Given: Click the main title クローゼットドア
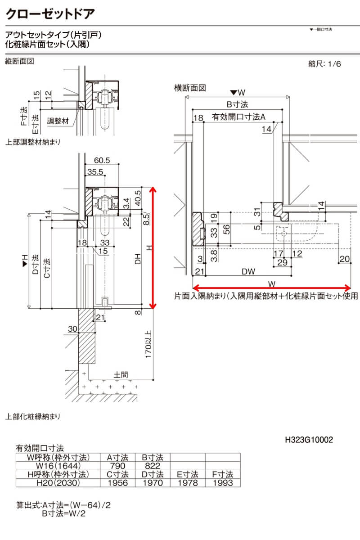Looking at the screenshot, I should point(50,13).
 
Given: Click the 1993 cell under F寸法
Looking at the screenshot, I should point(222,483).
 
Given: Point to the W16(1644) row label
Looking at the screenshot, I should point(57,466).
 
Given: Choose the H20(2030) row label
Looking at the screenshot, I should point(57,483).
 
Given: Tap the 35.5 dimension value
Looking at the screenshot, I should point(95,171).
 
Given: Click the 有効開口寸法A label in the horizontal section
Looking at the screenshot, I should point(239,117).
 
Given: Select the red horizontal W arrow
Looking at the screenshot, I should point(271,288).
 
